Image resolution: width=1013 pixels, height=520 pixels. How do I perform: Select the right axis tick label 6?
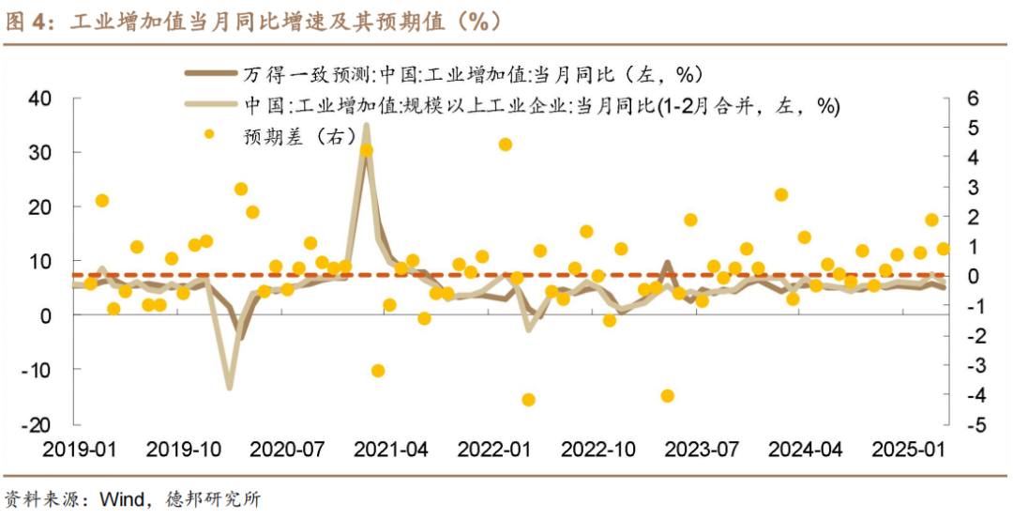pos(973,98)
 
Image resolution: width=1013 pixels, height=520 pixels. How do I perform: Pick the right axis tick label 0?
pos(973,276)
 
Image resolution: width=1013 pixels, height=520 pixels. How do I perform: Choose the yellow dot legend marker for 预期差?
pos(209,134)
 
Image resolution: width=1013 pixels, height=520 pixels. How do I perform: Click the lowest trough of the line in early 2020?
pos(228,387)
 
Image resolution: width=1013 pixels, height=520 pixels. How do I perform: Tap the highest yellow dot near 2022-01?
pos(506,145)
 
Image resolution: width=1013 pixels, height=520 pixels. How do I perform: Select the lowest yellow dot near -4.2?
pos(528,400)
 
